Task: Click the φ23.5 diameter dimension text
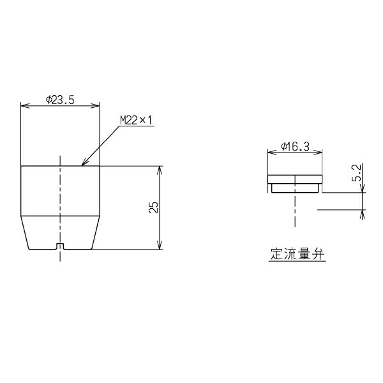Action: click(60, 100)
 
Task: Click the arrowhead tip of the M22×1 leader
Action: click(82, 166)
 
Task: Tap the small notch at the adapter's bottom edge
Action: click(60, 246)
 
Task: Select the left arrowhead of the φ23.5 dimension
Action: click(24, 105)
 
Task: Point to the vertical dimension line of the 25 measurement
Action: click(160, 191)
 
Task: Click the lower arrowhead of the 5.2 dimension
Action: click(363, 211)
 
